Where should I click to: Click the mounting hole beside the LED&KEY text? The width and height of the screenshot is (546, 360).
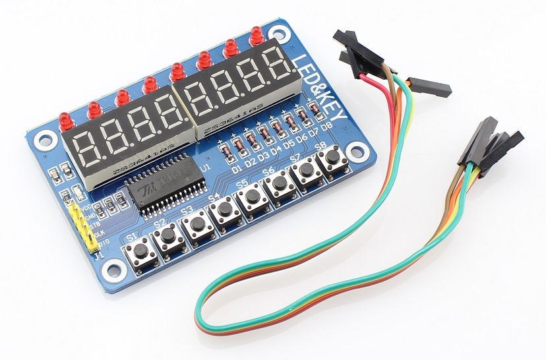click(x=282, y=32)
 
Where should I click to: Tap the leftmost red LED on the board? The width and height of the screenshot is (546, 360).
click(x=65, y=120)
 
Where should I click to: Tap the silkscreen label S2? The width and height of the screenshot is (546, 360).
click(x=159, y=224)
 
